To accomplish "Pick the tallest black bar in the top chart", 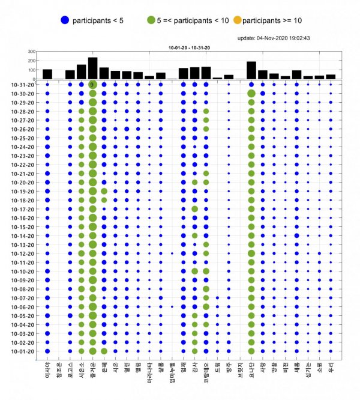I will click(x=92, y=68).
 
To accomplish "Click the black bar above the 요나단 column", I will click(x=251, y=70).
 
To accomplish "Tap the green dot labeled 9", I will click(x=92, y=85).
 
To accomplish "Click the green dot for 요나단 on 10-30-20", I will click(x=251, y=94).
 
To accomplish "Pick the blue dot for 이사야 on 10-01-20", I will click(x=47, y=351).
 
